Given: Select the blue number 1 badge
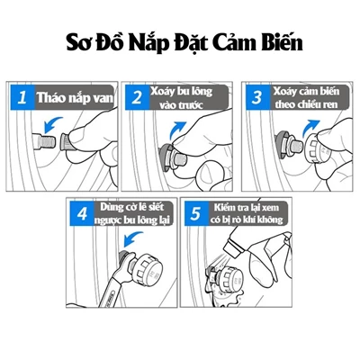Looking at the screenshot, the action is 22,97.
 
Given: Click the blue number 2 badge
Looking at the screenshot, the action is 138,97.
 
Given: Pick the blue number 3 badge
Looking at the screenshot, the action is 258,97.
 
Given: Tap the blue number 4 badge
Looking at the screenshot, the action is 82,213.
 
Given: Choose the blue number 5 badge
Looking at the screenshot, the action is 196,213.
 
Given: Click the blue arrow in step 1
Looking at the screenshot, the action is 52,124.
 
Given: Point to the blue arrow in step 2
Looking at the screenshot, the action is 178,129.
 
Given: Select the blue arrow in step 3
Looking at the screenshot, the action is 310,127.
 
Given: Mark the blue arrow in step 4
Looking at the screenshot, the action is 133,238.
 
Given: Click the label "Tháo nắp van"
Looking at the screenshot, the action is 75,98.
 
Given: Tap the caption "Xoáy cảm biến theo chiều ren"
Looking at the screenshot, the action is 306,97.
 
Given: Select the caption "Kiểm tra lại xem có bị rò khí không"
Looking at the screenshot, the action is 247,213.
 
